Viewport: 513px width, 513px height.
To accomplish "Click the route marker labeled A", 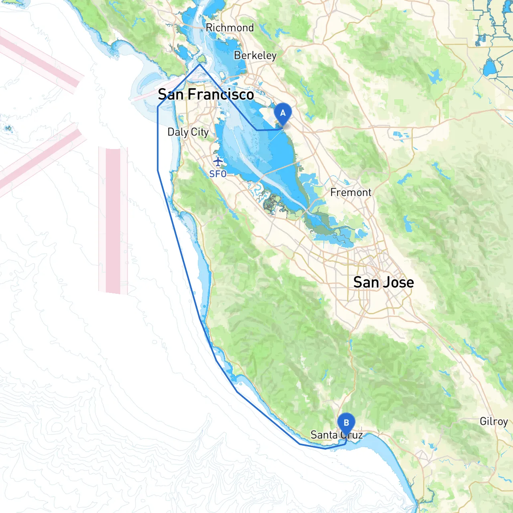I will click(283, 113).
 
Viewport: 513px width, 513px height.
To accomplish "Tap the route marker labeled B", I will click(346, 423).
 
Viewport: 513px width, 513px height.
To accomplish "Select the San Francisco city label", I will click(206, 95).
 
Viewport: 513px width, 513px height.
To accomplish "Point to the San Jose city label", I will click(384, 282).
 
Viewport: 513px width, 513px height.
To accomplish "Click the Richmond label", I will click(230, 28).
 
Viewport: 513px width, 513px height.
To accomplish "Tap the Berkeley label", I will click(255, 55).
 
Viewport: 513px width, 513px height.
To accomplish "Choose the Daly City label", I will click(188, 132).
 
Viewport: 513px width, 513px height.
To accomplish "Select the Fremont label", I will click(351, 192).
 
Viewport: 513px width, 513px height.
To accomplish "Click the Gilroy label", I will click(494, 421).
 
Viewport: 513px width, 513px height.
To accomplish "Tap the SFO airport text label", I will click(218, 174).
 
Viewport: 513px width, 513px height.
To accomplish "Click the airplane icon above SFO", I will click(218, 162).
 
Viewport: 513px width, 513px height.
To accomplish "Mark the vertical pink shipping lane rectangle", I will click(113, 220).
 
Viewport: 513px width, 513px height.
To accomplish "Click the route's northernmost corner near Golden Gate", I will click(200, 64).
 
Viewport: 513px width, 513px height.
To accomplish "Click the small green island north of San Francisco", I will click(202, 59).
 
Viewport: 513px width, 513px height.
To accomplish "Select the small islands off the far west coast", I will click(8, 129).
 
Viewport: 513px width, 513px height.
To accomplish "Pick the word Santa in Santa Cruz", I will click(324, 435).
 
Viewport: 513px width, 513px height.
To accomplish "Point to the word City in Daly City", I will click(200, 132).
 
